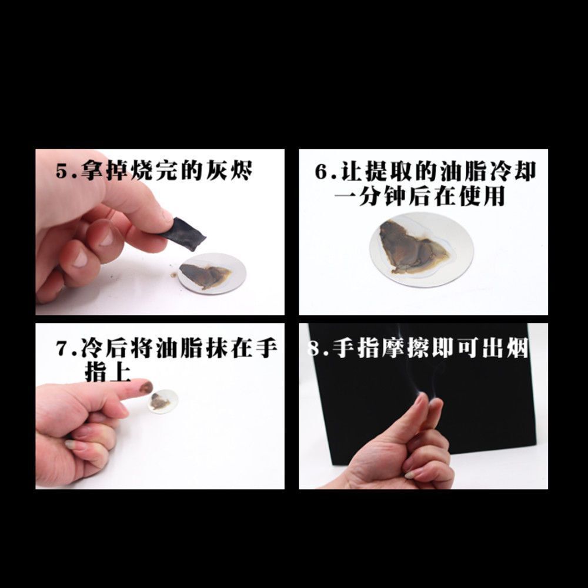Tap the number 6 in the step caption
322,172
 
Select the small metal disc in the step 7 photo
162,401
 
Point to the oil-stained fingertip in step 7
143,386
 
